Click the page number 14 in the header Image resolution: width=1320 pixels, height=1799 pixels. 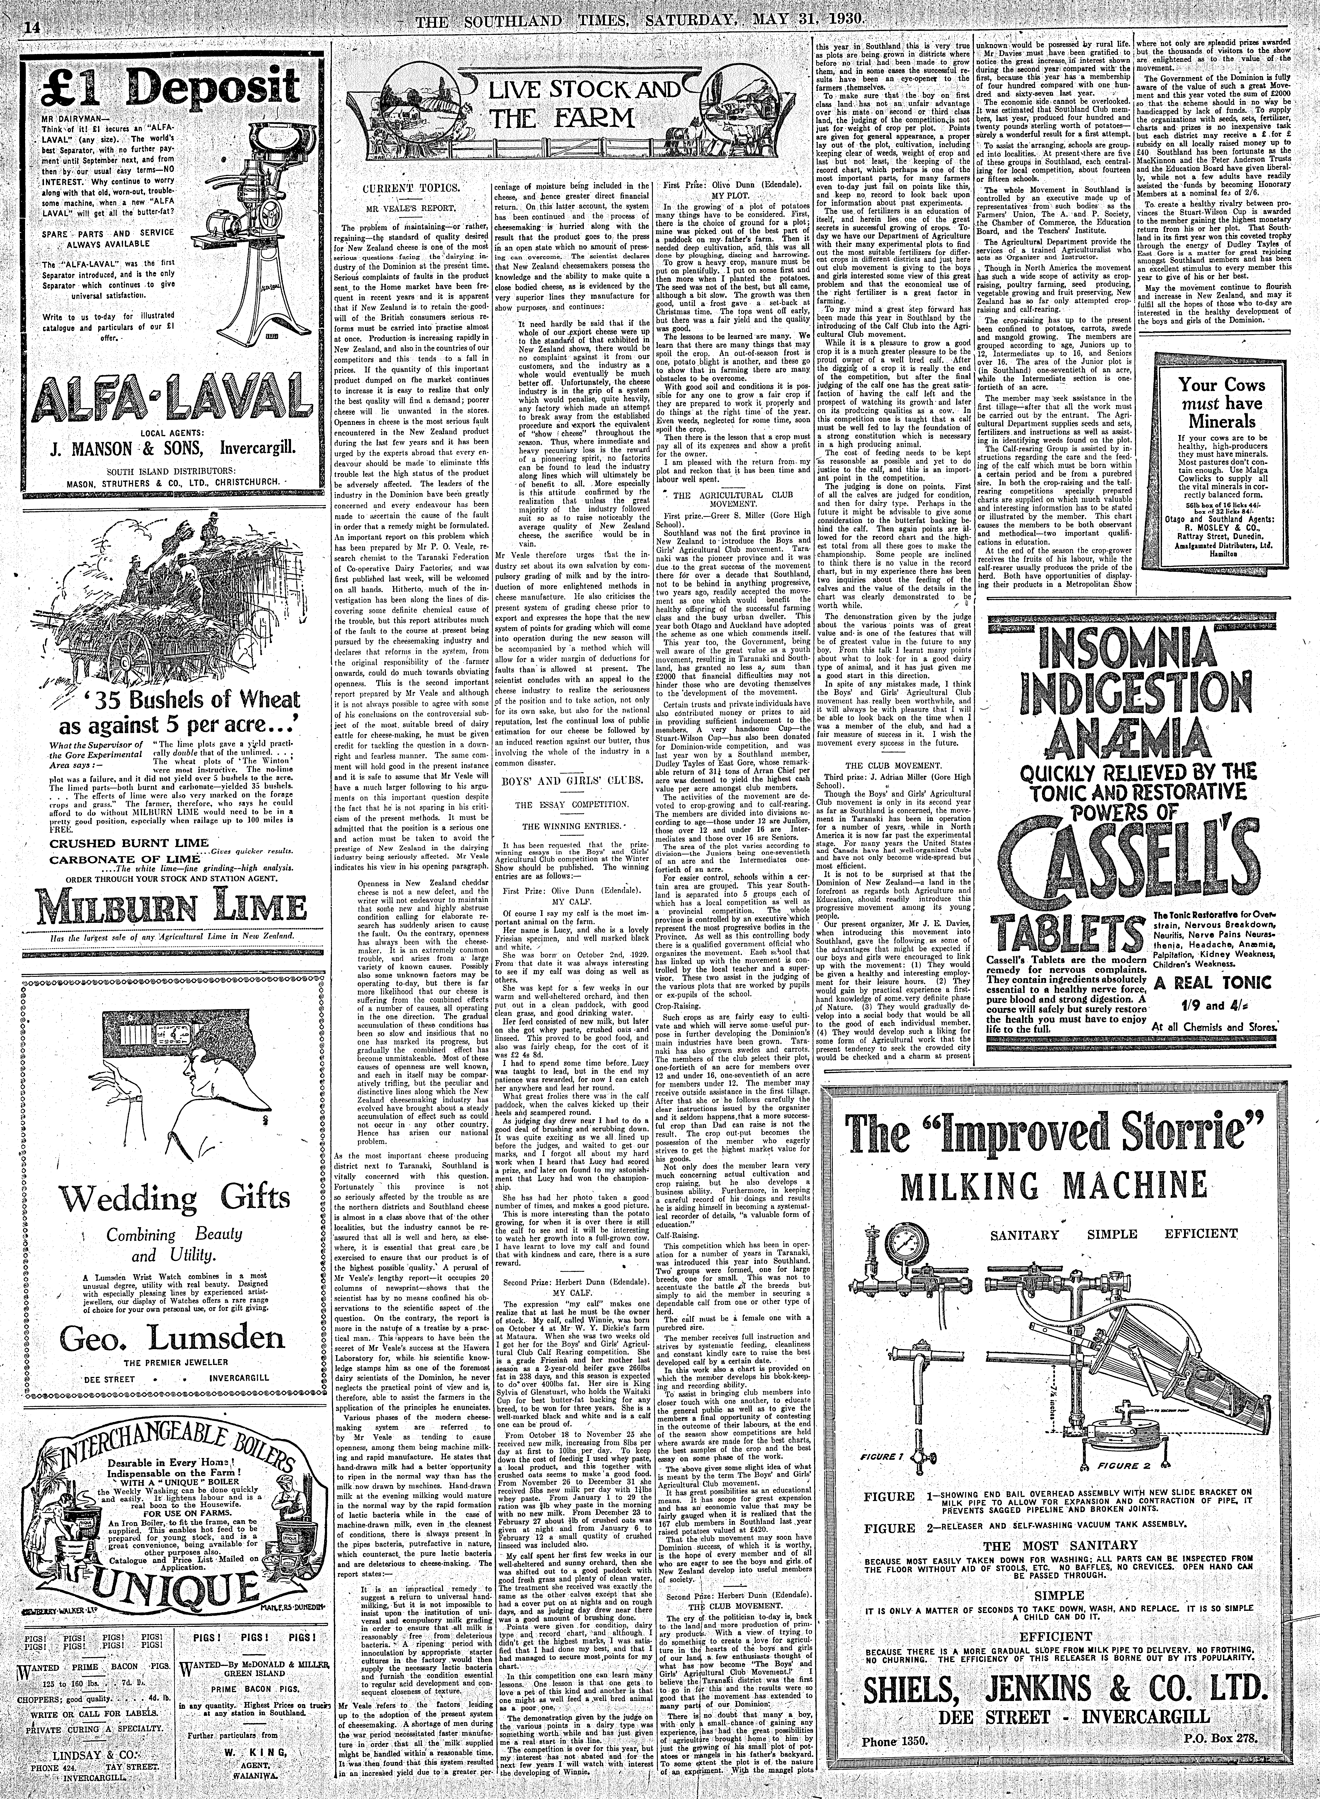click(32, 27)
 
